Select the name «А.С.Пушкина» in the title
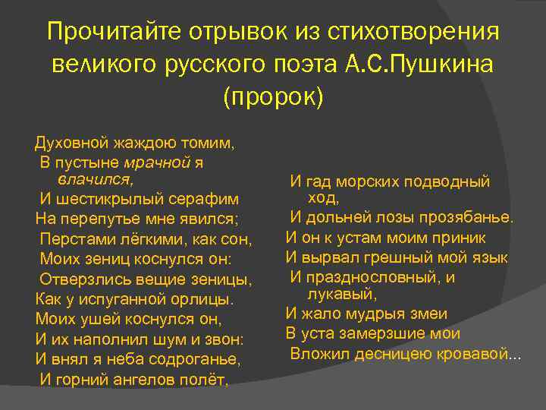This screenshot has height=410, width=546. point(428,65)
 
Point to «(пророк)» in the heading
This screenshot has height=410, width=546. point(272,97)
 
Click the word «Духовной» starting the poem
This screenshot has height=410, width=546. point(71,143)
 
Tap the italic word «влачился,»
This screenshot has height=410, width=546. point(95,179)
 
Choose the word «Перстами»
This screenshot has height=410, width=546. point(71,239)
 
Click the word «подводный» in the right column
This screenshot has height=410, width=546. point(447,182)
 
